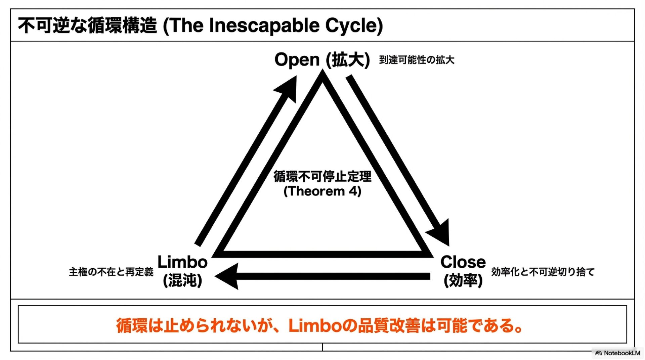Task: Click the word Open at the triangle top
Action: click(x=297, y=60)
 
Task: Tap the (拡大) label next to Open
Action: click(x=348, y=60)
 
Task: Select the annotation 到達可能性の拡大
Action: click(x=417, y=60)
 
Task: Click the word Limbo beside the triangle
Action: click(x=182, y=262)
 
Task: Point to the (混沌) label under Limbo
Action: click(x=182, y=280)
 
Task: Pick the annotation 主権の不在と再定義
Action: click(x=111, y=272)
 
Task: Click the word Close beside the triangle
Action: click(x=463, y=262)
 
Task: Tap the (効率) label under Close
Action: click(x=463, y=280)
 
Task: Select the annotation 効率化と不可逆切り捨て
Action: click(x=543, y=272)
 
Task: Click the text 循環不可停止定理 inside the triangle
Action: click(x=322, y=177)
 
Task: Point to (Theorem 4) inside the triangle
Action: click(x=322, y=191)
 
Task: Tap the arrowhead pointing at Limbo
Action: click(x=228, y=276)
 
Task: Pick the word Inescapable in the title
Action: click(x=264, y=26)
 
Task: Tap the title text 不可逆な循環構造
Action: click(x=87, y=26)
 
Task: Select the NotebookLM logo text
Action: click(x=621, y=353)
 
